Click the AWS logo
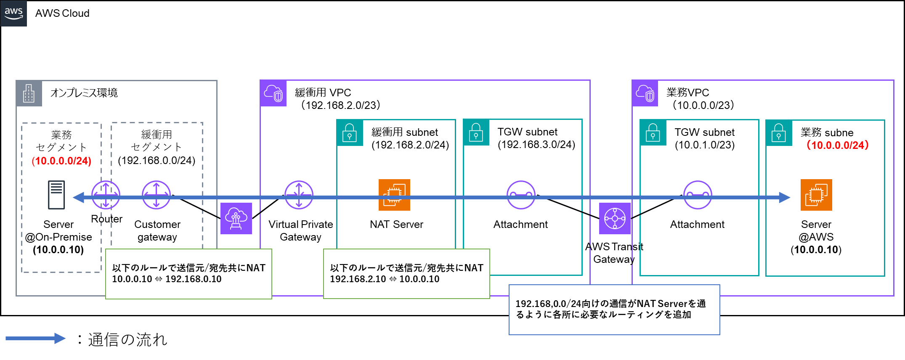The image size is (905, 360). pos(13,13)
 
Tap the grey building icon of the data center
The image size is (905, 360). pos(29,93)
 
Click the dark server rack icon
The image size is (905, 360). pos(56,195)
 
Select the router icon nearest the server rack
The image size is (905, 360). pos(106,195)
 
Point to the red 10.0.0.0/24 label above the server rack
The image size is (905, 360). pos(61,161)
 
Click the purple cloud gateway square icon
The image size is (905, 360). pos(236,218)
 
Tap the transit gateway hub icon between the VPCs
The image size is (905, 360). pos(615,218)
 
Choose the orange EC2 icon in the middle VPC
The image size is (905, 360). pos(394,195)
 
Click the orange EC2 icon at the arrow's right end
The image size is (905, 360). pos(816,195)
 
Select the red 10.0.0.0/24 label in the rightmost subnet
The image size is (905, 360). pos(837,145)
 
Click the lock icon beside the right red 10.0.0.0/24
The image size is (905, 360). pos(778,133)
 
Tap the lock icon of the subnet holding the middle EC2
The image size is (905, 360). pos(350,133)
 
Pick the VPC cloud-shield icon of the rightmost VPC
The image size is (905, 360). pos(645,93)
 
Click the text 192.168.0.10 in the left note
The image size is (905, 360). pos(194,279)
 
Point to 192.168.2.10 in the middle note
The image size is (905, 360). pos(358,279)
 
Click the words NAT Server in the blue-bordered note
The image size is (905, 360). pos(662,304)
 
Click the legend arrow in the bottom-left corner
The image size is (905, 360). pos(35,338)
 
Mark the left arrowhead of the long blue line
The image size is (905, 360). pos(78,197)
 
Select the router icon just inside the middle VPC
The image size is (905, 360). pos(299,195)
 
